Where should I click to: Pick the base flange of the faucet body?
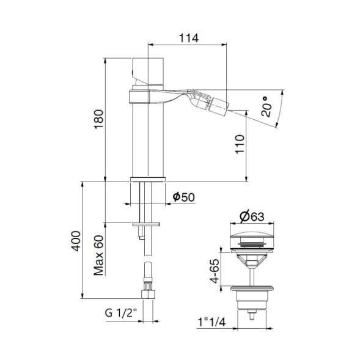147,179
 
